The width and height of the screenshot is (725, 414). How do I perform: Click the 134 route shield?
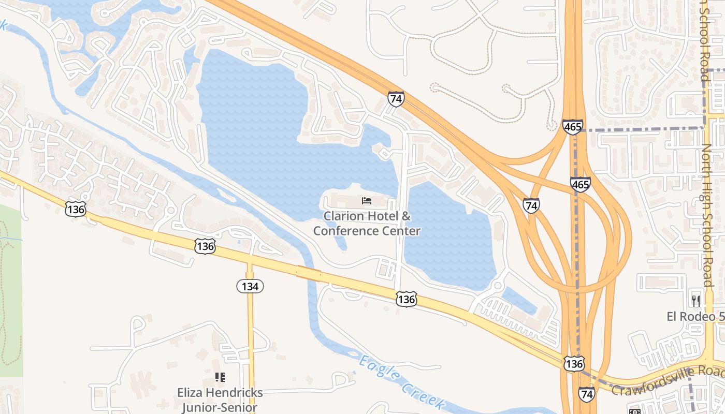(x=250, y=286)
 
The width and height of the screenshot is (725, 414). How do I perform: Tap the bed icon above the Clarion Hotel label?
(x=367, y=201)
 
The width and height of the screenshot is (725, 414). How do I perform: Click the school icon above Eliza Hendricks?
(x=220, y=377)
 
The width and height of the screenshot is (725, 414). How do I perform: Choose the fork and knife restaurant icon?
(x=695, y=300)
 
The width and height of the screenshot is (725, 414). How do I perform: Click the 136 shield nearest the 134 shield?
(x=205, y=246)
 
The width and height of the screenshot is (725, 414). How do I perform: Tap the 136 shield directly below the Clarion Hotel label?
(x=407, y=299)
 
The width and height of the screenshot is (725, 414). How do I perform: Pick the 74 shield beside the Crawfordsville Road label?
(x=587, y=394)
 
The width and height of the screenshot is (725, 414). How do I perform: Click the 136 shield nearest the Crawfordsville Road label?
(x=574, y=364)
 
